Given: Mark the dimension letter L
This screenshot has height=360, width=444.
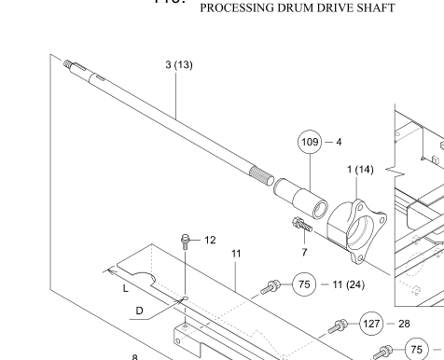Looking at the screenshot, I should tap(125, 288).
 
